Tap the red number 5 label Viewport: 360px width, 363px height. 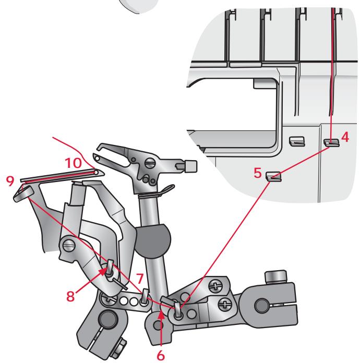coord(258,171)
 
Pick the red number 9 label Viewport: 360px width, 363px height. coord(9,180)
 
